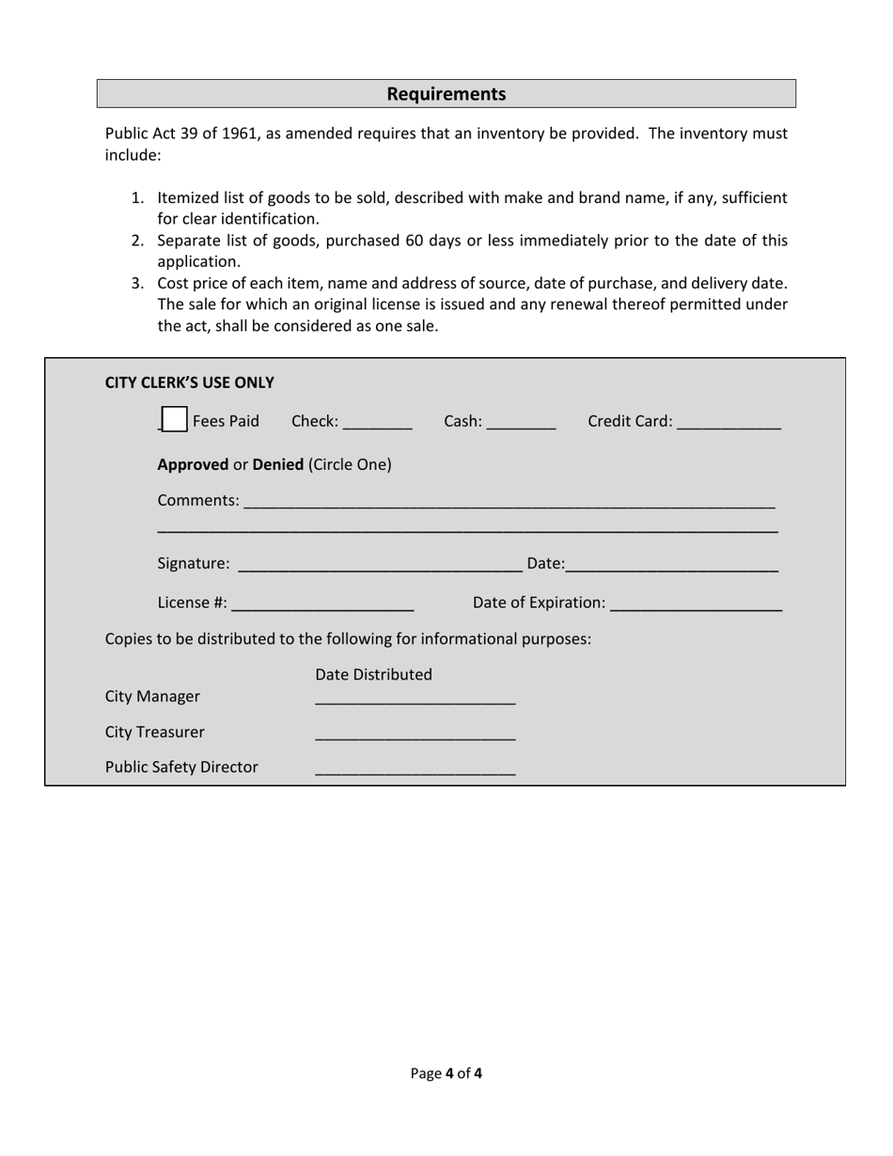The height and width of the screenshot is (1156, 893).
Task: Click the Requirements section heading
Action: coord(446,94)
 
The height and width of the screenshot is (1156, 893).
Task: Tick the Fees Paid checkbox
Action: coord(174,420)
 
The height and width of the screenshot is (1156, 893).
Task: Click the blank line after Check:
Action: coord(378,423)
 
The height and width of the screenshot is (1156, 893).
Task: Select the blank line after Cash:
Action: coord(522,423)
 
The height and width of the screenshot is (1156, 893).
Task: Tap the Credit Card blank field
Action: coord(728,423)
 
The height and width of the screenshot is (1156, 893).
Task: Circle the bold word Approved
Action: coord(193,464)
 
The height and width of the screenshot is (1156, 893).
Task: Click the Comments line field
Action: coord(509,503)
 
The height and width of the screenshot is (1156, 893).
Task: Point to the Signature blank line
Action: coord(381,565)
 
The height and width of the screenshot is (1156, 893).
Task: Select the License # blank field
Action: coord(322,603)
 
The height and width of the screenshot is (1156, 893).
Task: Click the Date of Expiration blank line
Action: coord(696,603)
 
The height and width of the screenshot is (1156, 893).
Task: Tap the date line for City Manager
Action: coord(415,698)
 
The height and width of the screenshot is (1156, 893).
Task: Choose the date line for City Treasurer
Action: coord(415,734)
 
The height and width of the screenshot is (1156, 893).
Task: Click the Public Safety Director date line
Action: coord(415,769)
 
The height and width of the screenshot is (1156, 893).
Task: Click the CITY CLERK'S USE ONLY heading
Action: coord(189,383)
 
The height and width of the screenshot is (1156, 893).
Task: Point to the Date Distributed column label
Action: coord(373,675)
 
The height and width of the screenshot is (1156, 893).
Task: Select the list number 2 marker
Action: coord(137,241)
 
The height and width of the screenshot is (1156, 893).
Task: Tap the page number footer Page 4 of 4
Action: coord(446,1073)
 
